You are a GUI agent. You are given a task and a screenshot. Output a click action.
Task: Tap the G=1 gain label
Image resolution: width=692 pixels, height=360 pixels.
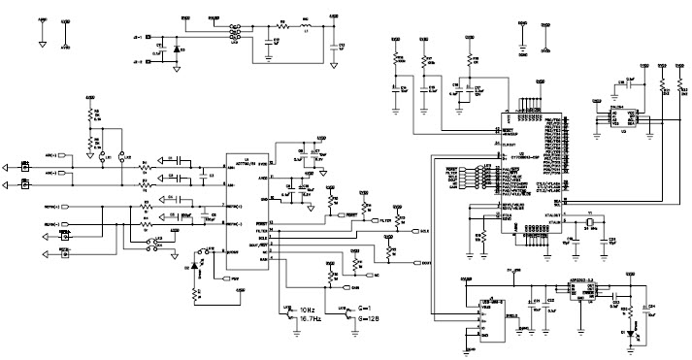tap(365, 309)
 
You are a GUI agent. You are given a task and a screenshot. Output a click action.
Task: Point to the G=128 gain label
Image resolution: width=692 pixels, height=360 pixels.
tap(370, 317)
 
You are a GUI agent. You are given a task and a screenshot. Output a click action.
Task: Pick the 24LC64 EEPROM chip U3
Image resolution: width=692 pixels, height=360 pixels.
tap(621, 116)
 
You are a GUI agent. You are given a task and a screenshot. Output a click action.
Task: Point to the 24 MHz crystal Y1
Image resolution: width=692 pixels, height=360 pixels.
tap(588, 225)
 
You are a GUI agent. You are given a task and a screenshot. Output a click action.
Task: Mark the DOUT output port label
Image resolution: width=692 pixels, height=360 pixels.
tap(424, 262)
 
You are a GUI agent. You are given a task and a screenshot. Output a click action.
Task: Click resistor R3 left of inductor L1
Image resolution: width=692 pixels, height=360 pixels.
tap(282, 26)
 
